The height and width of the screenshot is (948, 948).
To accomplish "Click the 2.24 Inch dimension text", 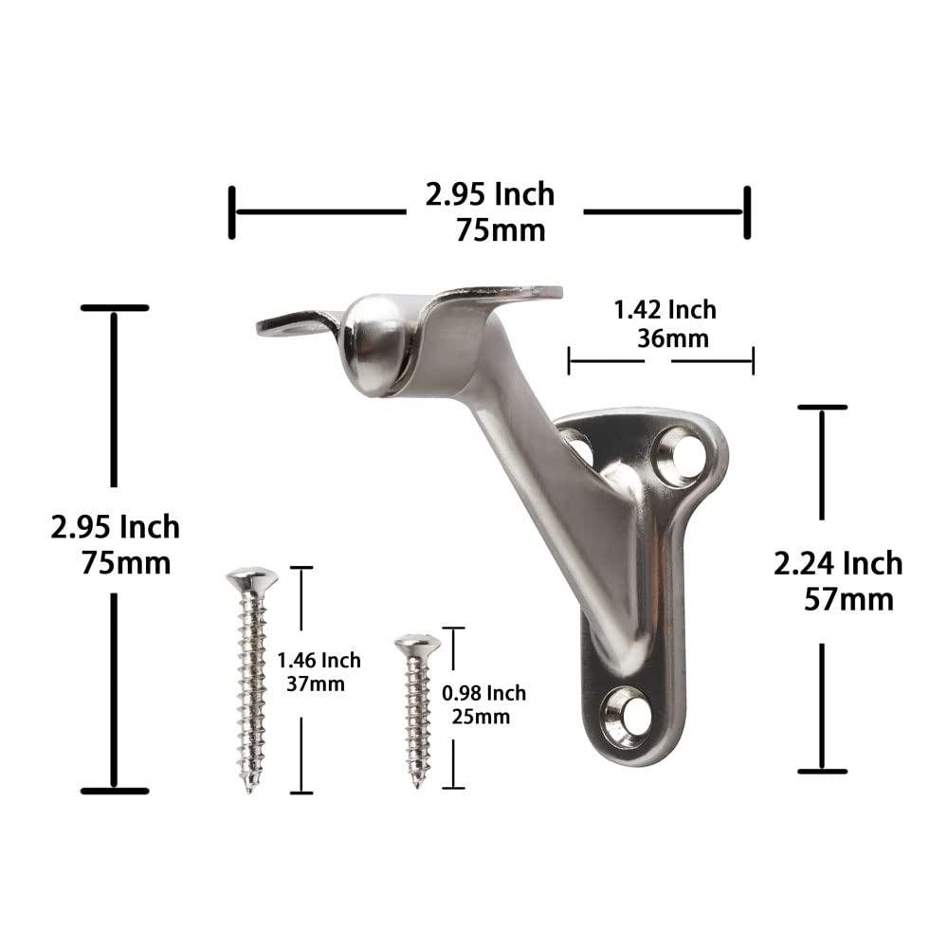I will coord(838,564).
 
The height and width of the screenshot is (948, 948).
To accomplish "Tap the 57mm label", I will coord(848,600).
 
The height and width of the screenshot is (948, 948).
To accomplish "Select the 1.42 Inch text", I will coord(665,310).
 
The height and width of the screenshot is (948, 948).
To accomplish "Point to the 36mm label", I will coord(672,337).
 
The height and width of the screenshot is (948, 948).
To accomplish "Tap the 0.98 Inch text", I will coord(483,694).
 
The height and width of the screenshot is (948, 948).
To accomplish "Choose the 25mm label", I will coord(481,717).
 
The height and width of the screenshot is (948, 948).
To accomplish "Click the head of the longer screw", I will coord(251,577).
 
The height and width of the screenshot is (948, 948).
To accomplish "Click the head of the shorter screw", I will coord(417,644).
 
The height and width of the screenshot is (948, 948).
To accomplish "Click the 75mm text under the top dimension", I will coord(501,229).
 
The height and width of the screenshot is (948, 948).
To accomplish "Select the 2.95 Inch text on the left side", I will coord(115,526).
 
